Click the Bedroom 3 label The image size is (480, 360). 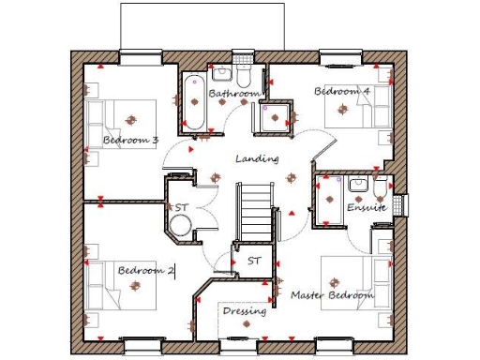coord(130,141)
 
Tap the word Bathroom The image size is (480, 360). coord(233,95)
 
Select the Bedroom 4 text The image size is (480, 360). coord(341,92)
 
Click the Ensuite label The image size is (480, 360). coord(367,207)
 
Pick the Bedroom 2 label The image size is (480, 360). coord(145,270)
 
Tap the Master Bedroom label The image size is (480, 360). coord(332,295)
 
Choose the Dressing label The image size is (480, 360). coord(245,310)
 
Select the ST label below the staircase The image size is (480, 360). coord(253,260)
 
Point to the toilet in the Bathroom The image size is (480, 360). coord(244,75)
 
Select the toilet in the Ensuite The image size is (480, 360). coord(379,191)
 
